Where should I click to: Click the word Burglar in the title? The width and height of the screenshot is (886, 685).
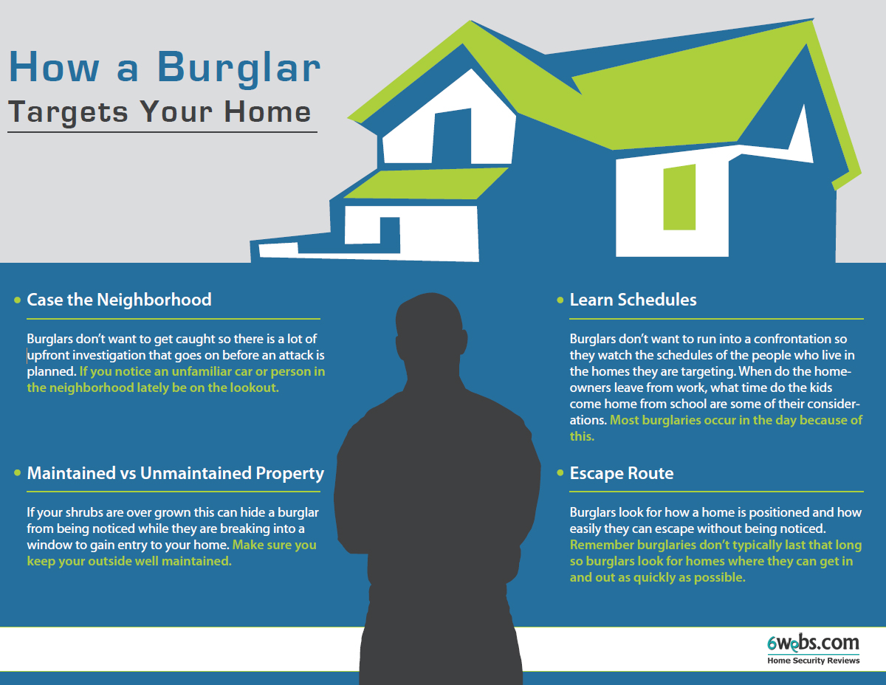239,67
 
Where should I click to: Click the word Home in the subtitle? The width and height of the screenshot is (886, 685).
267,111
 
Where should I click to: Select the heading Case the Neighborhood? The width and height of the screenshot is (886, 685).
119,300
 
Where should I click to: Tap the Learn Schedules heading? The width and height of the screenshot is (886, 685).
633,300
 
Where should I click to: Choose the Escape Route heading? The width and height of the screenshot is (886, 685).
622,473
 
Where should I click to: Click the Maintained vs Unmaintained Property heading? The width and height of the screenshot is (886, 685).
175,473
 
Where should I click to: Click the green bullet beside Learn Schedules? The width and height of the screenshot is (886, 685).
560,300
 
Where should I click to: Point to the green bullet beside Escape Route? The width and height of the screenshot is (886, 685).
560,472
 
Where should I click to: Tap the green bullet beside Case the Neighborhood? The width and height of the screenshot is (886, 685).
17,300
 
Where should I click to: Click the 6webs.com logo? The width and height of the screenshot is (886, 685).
813,643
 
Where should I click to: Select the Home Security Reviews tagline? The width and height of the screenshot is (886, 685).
814,661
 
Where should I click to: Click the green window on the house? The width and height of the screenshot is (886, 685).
679,197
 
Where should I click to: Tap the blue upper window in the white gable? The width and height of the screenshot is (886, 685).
451,136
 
